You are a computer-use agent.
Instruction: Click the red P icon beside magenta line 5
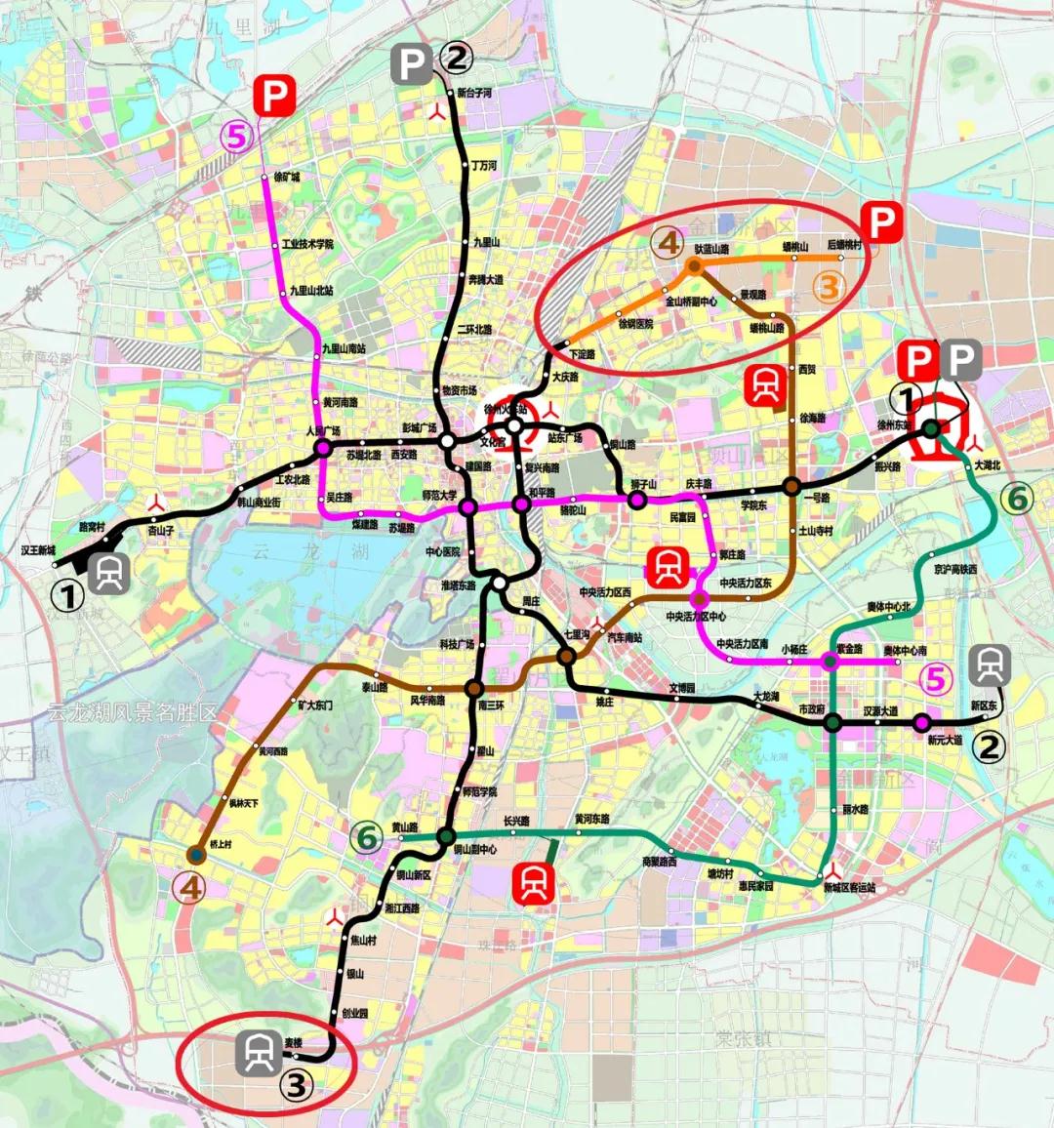(x=275, y=97)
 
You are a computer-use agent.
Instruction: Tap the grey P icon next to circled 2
(x=411, y=64)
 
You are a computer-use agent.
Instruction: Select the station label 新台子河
(x=474, y=94)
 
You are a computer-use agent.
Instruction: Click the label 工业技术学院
(x=307, y=244)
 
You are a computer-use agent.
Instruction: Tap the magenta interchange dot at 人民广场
(x=322, y=448)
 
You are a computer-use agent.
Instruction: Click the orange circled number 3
(x=828, y=287)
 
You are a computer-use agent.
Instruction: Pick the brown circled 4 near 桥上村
(x=188, y=887)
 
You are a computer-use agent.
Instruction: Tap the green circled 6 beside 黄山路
(x=367, y=837)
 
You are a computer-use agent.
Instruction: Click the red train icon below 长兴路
(x=534, y=882)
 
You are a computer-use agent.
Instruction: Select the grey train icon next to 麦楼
(x=260, y=1054)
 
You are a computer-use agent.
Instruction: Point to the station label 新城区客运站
(x=849, y=888)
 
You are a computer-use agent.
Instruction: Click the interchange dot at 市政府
(x=833, y=722)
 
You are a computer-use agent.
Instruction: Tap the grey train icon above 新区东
(x=990, y=665)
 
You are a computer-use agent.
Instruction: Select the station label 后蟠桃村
(x=845, y=245)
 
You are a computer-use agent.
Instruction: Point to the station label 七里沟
(x=576, y=634)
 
